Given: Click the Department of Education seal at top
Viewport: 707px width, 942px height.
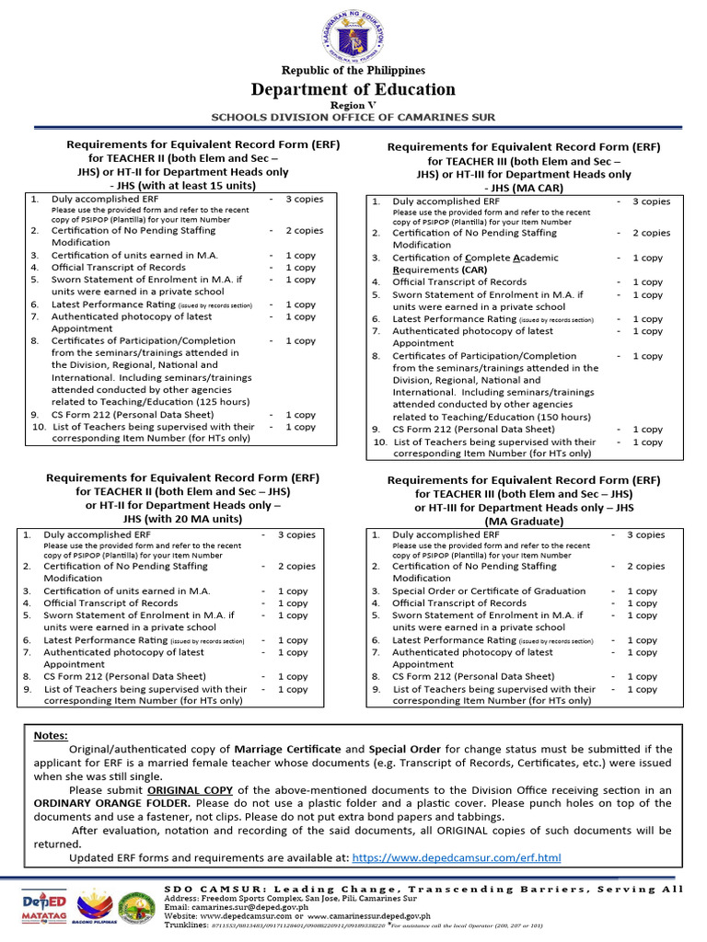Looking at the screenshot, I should click(353, 35).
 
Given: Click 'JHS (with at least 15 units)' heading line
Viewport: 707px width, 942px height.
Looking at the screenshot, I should click(182, 185).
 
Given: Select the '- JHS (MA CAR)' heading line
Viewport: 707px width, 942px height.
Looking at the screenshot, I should click(523, 188).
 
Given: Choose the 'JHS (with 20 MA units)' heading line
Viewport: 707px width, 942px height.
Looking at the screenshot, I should click(182, 519).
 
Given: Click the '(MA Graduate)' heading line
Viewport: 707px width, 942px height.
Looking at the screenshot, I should click(523, 521).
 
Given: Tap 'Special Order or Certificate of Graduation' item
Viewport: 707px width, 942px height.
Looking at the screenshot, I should click(489, 591).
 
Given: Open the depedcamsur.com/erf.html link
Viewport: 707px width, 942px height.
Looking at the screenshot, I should click(457, 858).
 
